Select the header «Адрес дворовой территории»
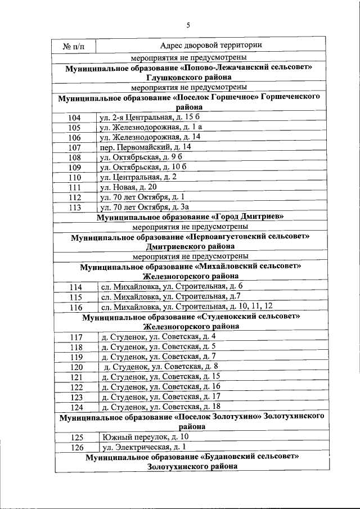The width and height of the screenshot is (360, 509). (210, 45)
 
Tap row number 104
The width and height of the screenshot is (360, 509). (74, 118)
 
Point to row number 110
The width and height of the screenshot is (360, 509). (74, 177)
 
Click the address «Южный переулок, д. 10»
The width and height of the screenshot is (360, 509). (145, 437)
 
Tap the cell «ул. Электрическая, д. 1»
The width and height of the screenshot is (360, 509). (144, 447)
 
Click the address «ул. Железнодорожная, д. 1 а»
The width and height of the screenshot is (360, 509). (150, 127)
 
